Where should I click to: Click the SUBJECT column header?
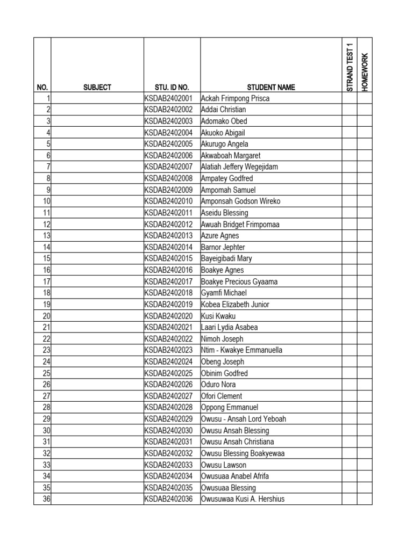point(97,87)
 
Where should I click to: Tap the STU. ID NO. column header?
point(168,87)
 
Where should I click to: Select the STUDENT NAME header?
point(271,87)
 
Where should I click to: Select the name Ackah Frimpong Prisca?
point(235,98)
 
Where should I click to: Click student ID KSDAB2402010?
point(168,201)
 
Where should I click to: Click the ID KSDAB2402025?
point(168,373)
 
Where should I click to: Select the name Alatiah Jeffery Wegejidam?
point(239,167)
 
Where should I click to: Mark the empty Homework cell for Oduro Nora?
point(365,385)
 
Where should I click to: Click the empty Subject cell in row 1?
point(97,98)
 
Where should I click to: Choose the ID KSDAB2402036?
point(168,499)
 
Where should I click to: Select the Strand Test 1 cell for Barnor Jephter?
point(349,247)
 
